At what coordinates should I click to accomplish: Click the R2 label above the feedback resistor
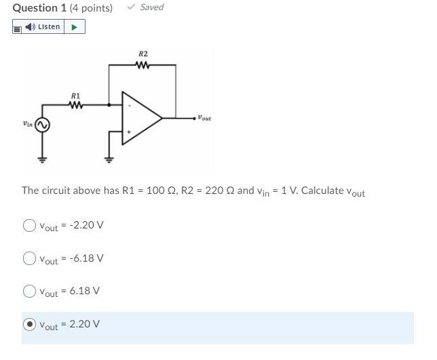(x=142, y=54)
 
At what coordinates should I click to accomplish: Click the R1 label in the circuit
(x=75, y=96)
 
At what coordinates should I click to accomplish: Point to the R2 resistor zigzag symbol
(x=142, y=66)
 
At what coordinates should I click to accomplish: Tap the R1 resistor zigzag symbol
(x=75, y=106)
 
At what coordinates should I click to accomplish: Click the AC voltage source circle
(x=42, y=125)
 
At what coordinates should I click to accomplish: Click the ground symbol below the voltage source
(x=42, y=160)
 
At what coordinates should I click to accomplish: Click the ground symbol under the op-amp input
(x=109, y=160)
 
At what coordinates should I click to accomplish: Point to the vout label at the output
(x=204, y=119)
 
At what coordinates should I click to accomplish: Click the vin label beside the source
(x=26, y=124)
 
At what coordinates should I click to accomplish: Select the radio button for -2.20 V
(x=29, y=225)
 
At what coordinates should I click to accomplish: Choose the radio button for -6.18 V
(x=29, y=258)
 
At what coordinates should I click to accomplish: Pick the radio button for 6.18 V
(x=29, y=291)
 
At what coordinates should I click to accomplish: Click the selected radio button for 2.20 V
(x=29, y=324)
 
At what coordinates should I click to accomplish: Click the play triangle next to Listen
(x=75, y=27)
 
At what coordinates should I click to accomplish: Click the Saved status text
(x=151, y=7)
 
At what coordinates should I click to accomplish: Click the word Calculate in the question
(x=322, y=191)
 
